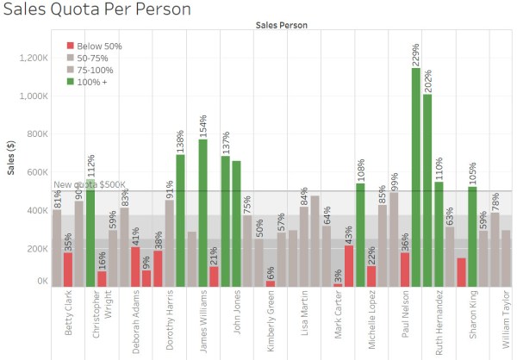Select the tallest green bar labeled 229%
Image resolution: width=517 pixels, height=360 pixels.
(416, 177)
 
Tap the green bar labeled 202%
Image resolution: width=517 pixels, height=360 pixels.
(427, 189)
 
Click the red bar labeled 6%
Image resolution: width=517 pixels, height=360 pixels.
(270, 282)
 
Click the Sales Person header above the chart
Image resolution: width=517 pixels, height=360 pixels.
(281, 26)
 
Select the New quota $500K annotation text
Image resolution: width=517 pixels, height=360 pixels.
(90, 184)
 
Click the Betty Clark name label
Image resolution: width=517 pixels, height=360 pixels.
(68, 320)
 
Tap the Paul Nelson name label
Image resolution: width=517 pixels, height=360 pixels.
(404, 320)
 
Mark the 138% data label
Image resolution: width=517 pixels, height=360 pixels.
(180, 140)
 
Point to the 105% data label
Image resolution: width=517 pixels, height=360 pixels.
(472, 174)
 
